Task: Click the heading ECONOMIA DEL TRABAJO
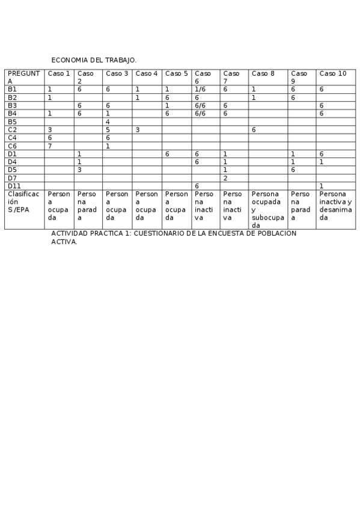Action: (94, 60)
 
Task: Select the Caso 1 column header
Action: (59, 73)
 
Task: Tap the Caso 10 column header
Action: (333, 73)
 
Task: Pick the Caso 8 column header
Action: (263, 73)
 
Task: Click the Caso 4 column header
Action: (147, 73)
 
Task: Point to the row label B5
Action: (12, 121)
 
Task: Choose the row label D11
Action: (14, 186)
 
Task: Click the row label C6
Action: (12, 146)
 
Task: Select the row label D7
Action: (12, 178)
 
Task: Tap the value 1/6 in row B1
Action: (201, 89)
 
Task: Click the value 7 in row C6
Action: (50, 146)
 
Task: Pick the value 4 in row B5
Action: (108, 121)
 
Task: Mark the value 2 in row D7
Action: (225, 178)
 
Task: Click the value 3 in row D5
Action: (79, 170)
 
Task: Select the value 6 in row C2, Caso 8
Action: (254, 129)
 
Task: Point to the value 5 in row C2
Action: (108, 129)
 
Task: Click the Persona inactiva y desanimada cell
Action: (335, 206)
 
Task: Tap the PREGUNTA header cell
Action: (24, 77)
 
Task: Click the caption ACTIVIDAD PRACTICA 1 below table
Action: (174, 237)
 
